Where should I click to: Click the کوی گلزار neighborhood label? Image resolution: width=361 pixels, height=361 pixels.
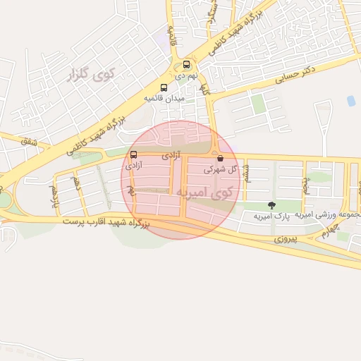point(87,74)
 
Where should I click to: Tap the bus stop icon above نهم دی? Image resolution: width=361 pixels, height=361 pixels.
point(187,63)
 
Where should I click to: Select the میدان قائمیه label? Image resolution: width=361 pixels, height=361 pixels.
point(164,98)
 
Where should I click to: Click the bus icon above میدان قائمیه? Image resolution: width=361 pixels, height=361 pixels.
point(164,87)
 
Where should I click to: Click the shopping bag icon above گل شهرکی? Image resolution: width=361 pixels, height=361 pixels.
point(221,159)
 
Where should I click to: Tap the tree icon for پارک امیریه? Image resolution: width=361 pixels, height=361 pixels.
point(271,205)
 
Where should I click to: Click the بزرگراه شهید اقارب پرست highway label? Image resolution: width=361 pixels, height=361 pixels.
point(106,222)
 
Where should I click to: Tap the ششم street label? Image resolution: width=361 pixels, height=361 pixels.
point(246,171)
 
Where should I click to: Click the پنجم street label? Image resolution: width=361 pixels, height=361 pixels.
point(305,185)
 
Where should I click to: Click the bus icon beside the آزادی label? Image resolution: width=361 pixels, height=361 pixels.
point(133,155)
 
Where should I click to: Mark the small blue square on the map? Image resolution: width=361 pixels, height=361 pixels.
point(350,101)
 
